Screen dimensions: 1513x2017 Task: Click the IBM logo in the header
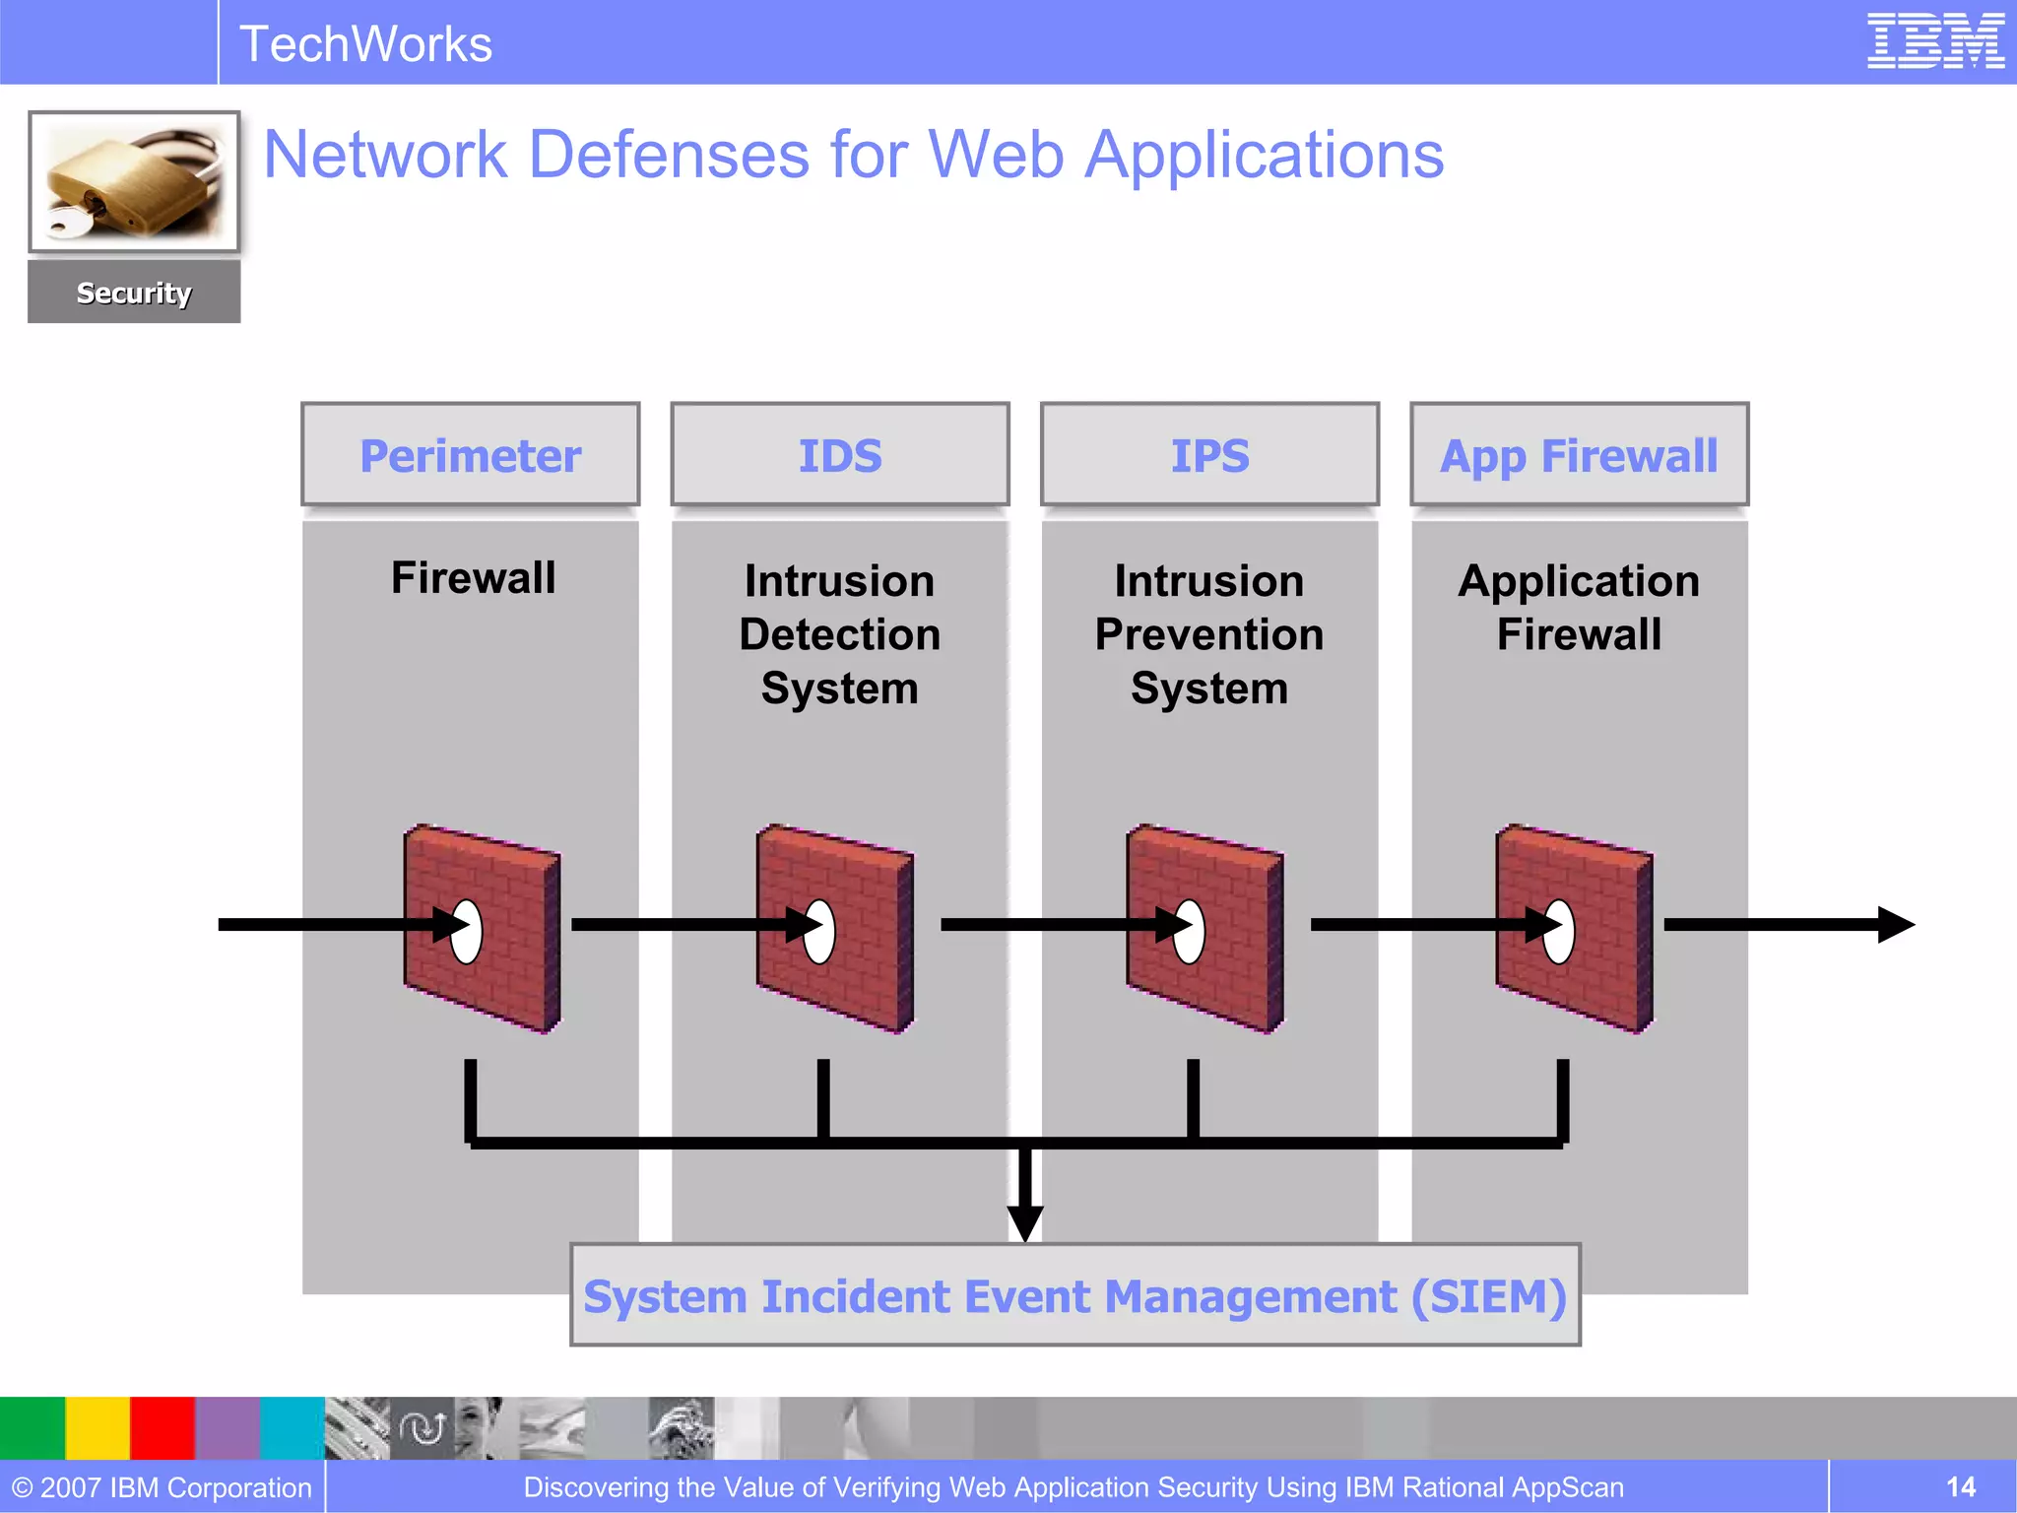coord(1935,41)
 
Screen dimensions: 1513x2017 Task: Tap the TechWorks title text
coord(365,44)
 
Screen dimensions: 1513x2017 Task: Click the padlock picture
coord(134,182)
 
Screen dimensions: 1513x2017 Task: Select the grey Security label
coord(134,293)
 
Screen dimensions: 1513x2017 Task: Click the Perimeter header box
coord(471,455)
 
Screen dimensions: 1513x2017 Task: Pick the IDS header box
coord(840,455)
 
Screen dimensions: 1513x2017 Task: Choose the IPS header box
coord(1209,455)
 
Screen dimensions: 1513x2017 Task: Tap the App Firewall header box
coord(1579,455)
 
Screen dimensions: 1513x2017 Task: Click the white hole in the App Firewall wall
coord(1559,932)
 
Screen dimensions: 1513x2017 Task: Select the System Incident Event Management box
coord(1075,1295)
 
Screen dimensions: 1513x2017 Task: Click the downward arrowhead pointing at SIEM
coord(1025,1221)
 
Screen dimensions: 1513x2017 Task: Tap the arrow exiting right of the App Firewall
coord(1788,924)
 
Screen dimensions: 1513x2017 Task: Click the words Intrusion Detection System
coord(840,633)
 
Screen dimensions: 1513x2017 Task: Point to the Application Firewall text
coord(1579,607)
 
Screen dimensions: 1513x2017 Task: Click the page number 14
coord(1960,1486)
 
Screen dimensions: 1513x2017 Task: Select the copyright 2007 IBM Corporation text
coord(162,1486)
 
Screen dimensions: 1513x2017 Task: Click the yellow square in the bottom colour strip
coord(98,1427)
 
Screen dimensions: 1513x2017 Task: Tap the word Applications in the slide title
coord(1264,155)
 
